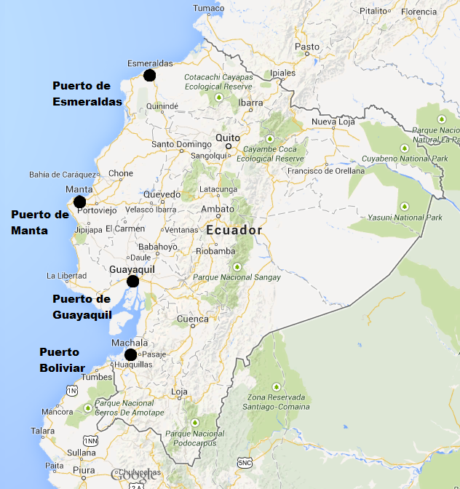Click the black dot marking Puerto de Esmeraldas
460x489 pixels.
149,75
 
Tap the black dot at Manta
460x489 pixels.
79,202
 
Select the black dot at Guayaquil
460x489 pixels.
132,282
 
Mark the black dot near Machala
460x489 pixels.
130,355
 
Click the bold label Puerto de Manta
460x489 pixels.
40,223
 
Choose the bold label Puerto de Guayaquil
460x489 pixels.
82,307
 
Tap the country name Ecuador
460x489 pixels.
234,230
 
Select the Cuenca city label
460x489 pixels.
193,319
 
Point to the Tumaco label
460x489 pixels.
208,8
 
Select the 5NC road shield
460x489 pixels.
245,463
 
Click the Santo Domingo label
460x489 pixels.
181,144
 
